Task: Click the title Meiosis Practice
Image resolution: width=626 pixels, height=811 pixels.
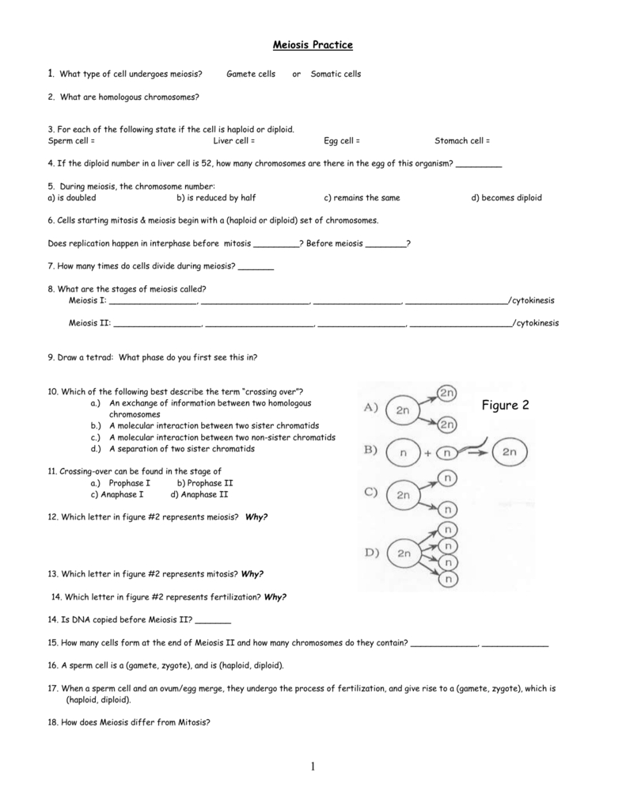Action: [x=313, y=45]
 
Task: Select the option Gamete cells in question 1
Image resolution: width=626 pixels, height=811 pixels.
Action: [x=251, y=74]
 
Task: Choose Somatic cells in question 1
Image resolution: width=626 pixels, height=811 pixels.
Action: [x=336, y=74]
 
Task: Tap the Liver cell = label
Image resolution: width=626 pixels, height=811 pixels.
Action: [x=234, y=140]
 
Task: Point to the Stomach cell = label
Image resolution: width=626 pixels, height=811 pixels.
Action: [x=462, y=140]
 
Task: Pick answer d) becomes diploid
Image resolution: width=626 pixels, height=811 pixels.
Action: [x=506, y=197]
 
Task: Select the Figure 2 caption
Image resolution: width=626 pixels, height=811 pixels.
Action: [x=505, y=405]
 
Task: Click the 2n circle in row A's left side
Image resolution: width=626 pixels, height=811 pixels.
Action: [x=404, y=409]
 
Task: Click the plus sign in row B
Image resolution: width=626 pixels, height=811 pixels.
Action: [x=427, y=454]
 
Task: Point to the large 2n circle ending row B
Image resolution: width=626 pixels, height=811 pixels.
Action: [x=508, y=453]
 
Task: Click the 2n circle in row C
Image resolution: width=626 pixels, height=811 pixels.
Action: [x=404, y=496]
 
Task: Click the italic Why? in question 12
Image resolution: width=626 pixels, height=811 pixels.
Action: [x=256, y=516]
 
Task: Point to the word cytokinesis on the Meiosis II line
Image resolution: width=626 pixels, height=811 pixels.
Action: [x=538, y=322]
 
